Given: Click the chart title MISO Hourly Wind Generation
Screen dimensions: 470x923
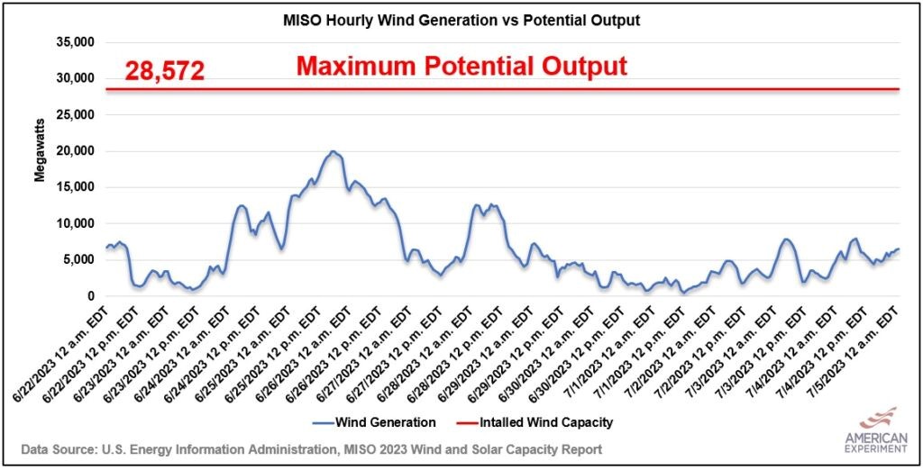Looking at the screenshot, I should click(x=461, y=21).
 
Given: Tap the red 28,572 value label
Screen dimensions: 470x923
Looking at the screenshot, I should click(x=164, y=71).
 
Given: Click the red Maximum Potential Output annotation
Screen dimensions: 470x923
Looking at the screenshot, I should click(x=461, y=66).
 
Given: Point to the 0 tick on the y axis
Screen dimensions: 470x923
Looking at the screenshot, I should click(x=91, y=296).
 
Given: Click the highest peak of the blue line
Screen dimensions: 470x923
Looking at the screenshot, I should click(x=333, y=151).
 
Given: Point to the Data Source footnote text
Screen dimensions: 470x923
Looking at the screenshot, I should click(x=312, y=447).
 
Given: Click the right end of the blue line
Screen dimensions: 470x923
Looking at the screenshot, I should click(x=898, y=249).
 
